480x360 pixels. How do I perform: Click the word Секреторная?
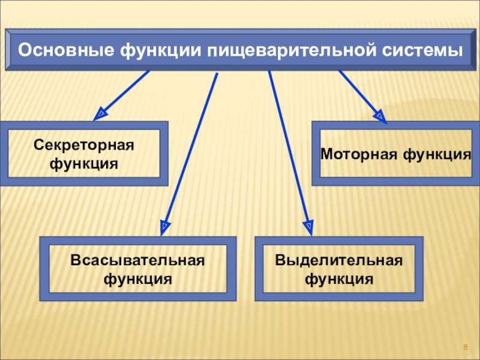[84, 145]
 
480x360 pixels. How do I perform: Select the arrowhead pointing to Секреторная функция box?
[101, 112]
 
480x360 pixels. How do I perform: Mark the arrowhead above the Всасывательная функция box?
[164, 226]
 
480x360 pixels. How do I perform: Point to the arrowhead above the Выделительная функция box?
[308, 226]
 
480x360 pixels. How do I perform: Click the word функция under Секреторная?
[84, 163]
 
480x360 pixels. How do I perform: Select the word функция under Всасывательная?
[137, 278]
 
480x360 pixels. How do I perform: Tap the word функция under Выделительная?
[339, 278]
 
